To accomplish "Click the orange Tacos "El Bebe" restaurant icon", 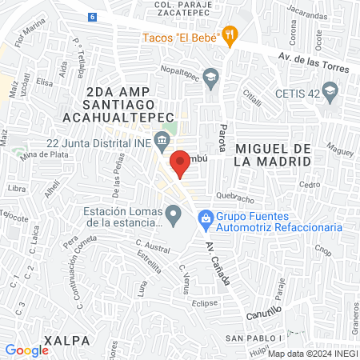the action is (x=230, y=35).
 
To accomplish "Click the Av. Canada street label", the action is (x=218, y=262).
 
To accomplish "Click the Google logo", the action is (x=26, y=350).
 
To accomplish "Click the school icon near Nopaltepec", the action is (x=210, y=78).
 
